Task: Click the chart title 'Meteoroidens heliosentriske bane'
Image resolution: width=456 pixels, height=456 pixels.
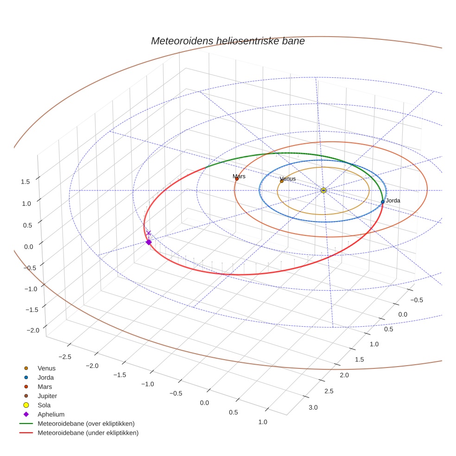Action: pyautogui.click(x=228, y=41)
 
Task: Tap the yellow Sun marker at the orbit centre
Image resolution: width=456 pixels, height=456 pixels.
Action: pyautogui.click(x=323, y=190)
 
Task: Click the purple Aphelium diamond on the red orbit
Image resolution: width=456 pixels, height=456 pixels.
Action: pyautogui.click(x=149, y=242)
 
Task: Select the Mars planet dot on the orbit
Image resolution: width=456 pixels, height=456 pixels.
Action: pyautogui.click(x=237, y=178)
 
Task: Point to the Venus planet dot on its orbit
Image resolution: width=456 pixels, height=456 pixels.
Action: pyautogui.click(x=282, y=181)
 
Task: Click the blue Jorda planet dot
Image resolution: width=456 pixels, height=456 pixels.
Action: pyautogui.click(x=382, y=202)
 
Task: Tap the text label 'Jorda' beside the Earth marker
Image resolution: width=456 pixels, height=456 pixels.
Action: pyautogui.click(x=393, y=201)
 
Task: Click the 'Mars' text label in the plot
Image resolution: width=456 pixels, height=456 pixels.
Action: pyautogui.click(x=239, y=176)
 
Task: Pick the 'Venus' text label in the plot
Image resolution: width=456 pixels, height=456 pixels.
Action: pyautogui.click(x=288, y=178)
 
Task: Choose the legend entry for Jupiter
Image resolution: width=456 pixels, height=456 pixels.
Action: pyautogui.click(x=47, y=396)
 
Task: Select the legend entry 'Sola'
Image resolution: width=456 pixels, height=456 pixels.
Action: pyautogui.click(x=44, y=405)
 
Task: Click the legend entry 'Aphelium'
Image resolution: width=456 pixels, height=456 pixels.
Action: pyautogui.click(x=51, y=414)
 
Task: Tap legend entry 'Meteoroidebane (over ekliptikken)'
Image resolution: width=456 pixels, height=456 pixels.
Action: pyautogui.click(x=86, y=424)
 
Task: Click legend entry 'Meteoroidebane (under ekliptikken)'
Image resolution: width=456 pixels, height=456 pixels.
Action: pyautogui.click(x=88, y=433)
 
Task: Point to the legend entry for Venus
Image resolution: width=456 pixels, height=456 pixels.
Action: pyautogui.click(x=46, y=368)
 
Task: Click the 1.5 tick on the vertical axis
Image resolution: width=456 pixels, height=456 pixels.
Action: pyautogui.click(x=25, y=182)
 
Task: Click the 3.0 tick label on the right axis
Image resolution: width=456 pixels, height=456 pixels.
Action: pyautogui.click(x=313, y=407)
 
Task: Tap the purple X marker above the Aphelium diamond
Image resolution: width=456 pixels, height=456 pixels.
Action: pyautogui.click(x=148, y=233)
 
